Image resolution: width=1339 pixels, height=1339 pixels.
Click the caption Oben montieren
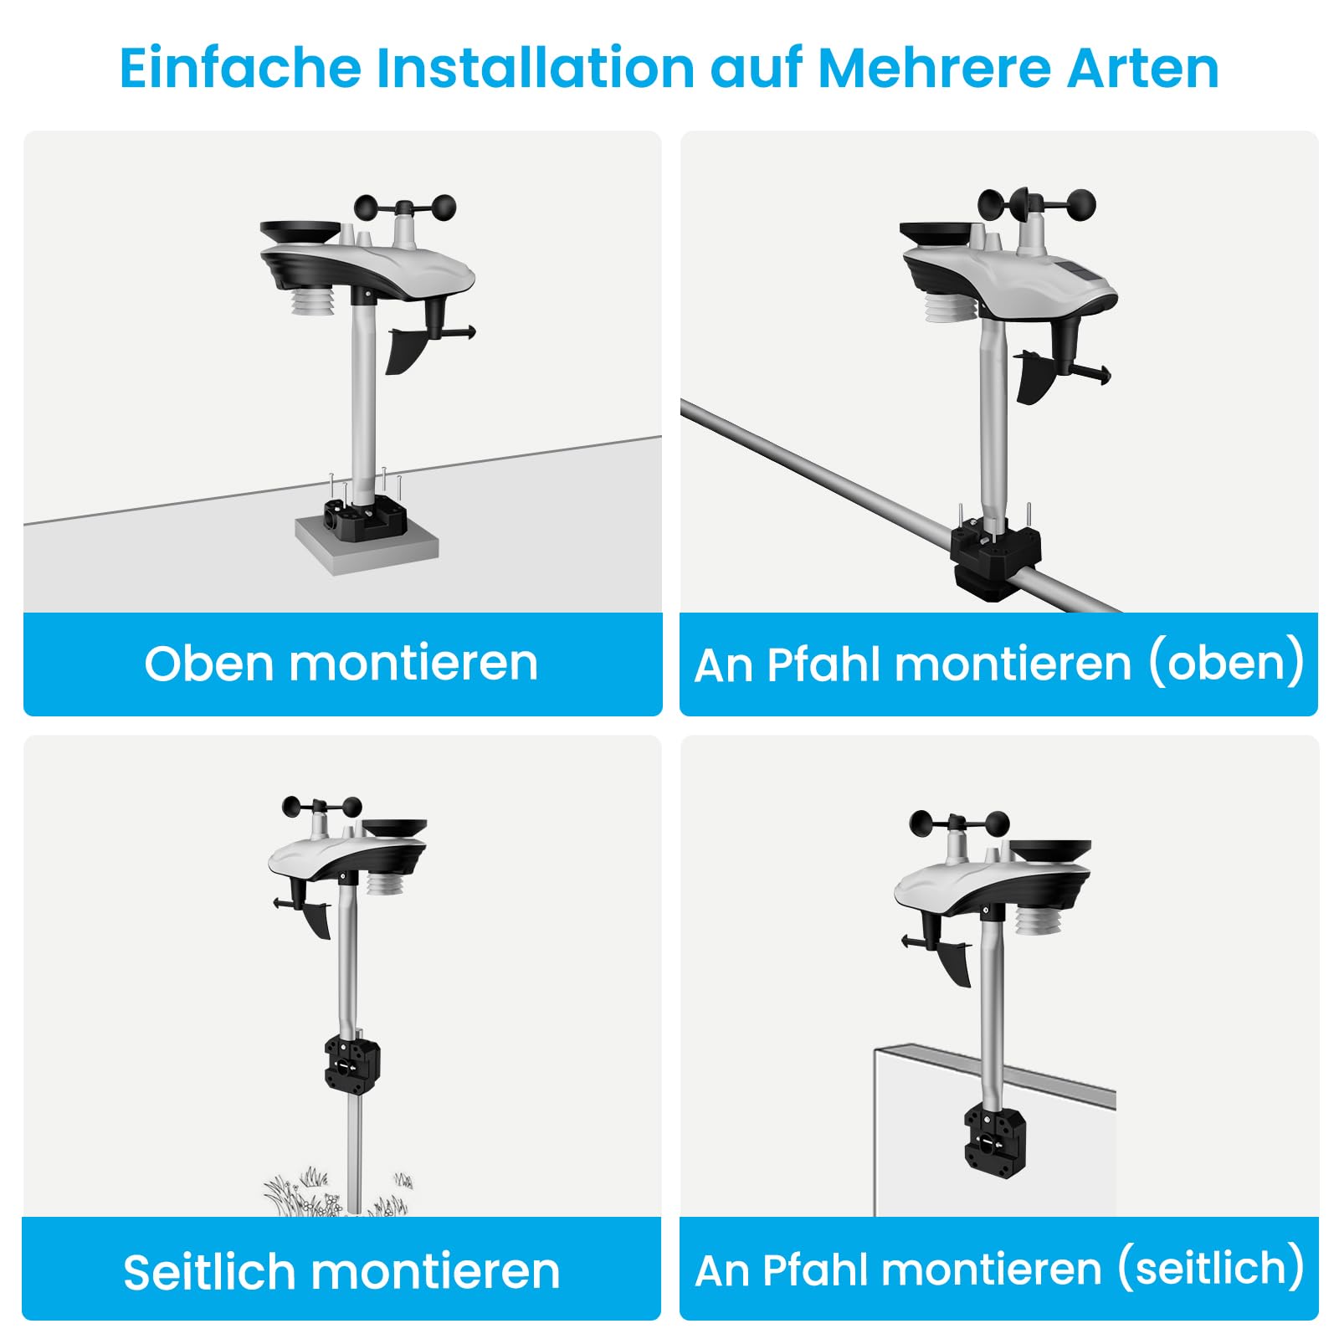tap(341, 664)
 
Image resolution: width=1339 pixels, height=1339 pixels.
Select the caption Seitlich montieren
tap(341, 1272)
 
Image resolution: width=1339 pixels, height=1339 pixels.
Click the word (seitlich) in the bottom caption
tap(1211, 1269)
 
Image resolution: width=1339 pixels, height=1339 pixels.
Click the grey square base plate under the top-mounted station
tap(367, 545)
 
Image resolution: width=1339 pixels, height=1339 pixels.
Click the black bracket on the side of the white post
tap(993, 1139)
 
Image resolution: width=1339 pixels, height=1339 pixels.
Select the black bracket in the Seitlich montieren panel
tap(351, 1065)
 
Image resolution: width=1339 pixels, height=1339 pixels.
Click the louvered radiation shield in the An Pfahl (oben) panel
tap(951, 305)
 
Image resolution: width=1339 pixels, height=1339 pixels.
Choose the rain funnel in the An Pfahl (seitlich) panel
tap(1050, 853)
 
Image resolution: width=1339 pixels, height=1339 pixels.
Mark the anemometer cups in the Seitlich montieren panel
tap(322, 807)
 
